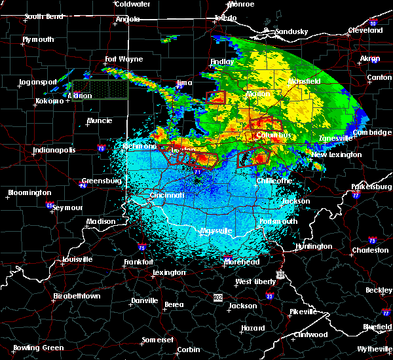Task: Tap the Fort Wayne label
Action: [124, 59]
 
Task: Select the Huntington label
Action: [314, 246]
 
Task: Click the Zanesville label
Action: [336, 138]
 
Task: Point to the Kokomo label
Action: [50, 101]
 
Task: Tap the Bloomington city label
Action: [29, 192]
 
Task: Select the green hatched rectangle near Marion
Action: [100, 90]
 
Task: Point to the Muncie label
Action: [100, 121]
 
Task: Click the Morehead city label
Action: [242, 262]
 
